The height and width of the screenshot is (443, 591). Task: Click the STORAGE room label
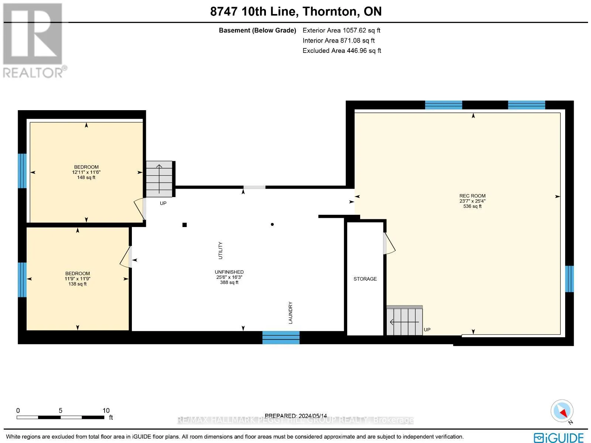pos(365,279)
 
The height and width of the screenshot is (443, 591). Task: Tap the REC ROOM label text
pos(472,196)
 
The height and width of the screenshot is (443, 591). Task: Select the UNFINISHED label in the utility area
pos(229,272)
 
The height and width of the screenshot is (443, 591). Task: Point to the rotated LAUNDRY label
pos(290,312)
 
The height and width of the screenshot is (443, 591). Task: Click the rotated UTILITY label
pos(220,251)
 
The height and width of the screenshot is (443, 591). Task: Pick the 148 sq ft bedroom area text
pos(86,177)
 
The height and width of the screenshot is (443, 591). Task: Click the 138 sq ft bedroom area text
pos(78,284)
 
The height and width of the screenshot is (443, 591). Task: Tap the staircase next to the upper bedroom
pos(159,179)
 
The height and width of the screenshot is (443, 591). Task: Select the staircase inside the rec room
pos(404,321)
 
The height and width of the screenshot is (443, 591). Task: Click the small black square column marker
pos(184,225)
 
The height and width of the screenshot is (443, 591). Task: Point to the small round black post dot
pos(272,224)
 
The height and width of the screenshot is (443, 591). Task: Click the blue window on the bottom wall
pos(281,337)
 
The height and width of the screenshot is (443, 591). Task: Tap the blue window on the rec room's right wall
pos(569,279)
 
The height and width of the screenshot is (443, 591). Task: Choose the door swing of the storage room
pos(389,243)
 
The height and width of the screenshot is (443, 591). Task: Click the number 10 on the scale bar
pos(106,410)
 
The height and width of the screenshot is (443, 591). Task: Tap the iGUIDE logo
pos(559,437)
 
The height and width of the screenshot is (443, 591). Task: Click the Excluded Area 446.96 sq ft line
pos(342,51)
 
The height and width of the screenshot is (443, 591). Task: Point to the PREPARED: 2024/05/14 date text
pos(295,416)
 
